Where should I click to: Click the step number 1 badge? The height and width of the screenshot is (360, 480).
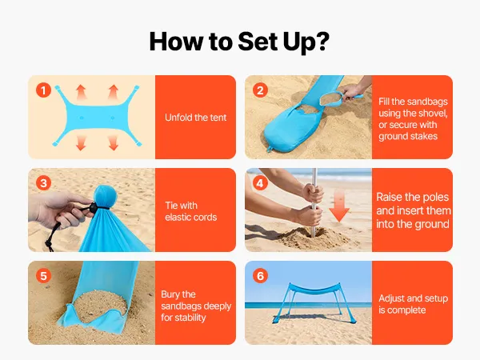click(43, 90)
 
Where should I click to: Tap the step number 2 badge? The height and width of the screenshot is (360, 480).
click(260, 90)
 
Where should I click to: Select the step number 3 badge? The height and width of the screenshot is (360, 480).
click(43, 183)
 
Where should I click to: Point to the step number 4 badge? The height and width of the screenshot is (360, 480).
click(260, 183)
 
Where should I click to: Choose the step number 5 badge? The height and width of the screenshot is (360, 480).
click(43, 276)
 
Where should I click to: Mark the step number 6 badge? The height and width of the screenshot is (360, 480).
click(260, 276)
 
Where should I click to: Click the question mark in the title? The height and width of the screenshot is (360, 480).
click(322, 42)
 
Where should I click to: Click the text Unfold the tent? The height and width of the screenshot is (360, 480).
click(196, 118)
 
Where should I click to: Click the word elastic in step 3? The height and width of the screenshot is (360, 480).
click(177, 218)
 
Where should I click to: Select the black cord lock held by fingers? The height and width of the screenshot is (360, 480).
click(93, 207)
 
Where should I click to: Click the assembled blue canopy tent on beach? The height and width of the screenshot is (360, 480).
click(315, 302)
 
